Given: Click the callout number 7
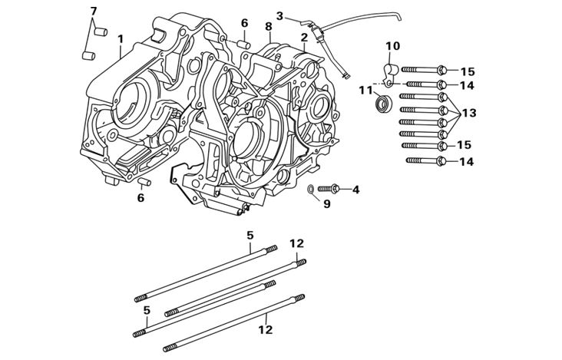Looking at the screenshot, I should point(94,11).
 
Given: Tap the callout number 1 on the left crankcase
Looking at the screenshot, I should point(121,38).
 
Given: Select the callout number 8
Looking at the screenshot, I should point(268,26).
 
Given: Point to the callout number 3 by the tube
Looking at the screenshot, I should point(279,15).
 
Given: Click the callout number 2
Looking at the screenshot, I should point(304,37).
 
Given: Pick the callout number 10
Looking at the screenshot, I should point(392,46).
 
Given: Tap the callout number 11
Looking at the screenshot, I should point(365,90).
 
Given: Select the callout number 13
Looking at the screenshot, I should point(468,113).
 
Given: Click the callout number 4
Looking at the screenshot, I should point(355,189).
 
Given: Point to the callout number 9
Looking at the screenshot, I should point(326,203).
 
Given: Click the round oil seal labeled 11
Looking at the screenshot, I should point(382,103).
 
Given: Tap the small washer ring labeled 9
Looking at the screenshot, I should point(309,189).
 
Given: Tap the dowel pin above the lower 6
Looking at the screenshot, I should point(144,181).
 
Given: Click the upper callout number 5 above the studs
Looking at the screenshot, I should point(250,235).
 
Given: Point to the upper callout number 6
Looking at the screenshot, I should point(244,23).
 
